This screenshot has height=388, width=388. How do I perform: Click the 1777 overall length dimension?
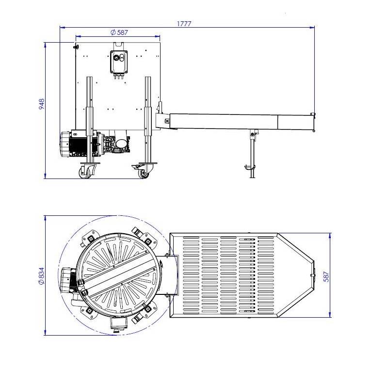point(184,24)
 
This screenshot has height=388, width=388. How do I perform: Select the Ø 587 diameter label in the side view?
point(119,32)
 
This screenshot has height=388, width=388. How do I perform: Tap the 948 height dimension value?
point(42,104)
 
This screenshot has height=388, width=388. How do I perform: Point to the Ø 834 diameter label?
point(41,275)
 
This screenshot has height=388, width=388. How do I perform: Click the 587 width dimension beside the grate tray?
point(326,276)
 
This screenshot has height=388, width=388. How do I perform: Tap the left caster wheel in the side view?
point(85,172)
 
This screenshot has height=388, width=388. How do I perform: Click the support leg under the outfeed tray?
point(252,153)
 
